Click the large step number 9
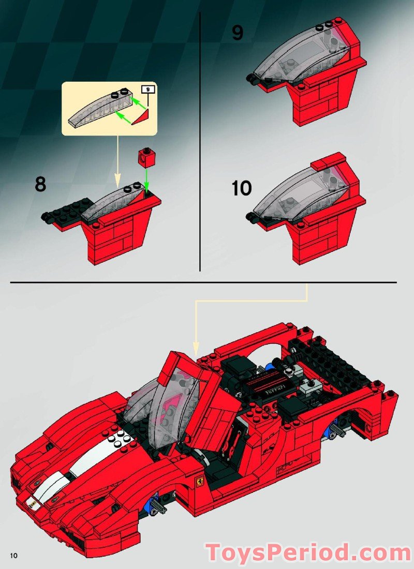click(x=238, y=33)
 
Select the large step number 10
click(x=241, y=188)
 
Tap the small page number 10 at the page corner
click(x=13, y=555)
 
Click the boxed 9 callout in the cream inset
click(x=149, y=89)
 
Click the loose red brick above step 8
click(x=146, y=156)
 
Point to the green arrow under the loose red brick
click(x=146, y=181)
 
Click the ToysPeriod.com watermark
click(x=308, y=552)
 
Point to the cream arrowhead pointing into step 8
click(x=117, y=182)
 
